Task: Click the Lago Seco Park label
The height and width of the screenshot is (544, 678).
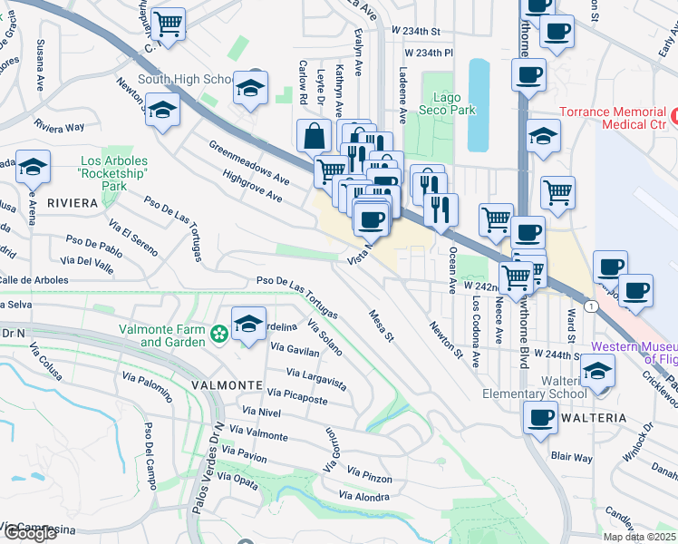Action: pos(441,103)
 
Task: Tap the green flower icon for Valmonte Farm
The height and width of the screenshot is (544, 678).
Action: pos(218,335)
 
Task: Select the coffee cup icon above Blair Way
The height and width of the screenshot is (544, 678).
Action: pos(541,417)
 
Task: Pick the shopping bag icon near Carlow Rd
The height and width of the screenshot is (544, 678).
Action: pos(314,135)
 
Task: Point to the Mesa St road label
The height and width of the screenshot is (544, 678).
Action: pos(382,325)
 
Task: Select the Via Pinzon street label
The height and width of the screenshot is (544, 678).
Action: pos(370,473)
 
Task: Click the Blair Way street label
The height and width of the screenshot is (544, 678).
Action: pos(571,459)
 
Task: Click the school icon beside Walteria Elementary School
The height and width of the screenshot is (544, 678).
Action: pos(598,370)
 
